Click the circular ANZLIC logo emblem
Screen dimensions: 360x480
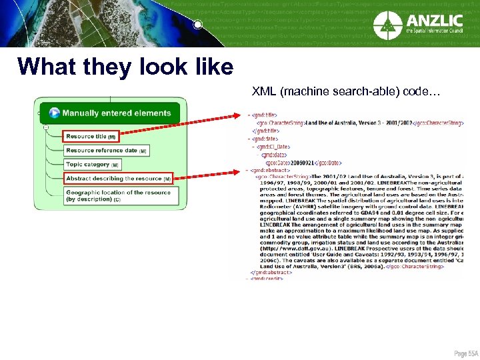[x=388, y=25]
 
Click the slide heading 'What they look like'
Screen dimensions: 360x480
[x=125, y=67]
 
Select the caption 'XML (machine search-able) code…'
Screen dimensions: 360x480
[x=346, y=91]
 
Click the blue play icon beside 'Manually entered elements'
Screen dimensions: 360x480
[x=54, y=113]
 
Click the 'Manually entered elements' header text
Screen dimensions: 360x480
[x=117, y=113]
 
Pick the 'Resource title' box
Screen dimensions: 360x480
[x=91, y=137]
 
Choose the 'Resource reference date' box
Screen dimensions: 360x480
[x=105, y=151]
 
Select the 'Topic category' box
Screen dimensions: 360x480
[x=92, y=165]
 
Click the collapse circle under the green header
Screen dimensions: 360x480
[x=45, y=127]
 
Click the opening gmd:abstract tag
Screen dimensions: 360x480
[x=267, y=169]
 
